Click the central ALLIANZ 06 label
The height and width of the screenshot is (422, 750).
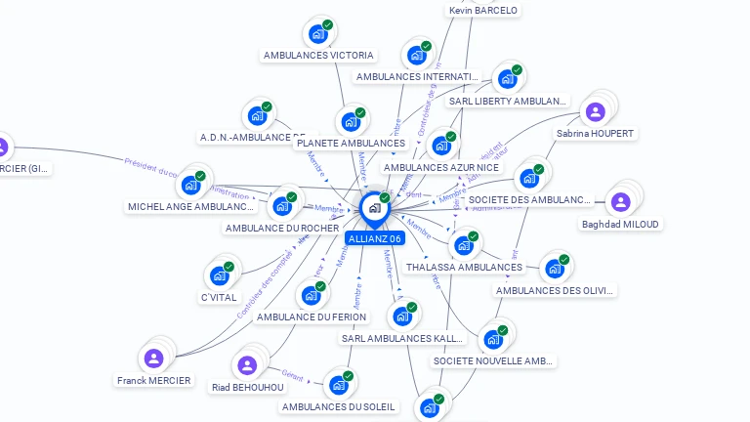click(x=374, y=238)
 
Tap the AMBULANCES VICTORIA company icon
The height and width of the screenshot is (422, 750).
click(x=317, y=33)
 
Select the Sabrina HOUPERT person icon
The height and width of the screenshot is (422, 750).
click(x=595, y=111)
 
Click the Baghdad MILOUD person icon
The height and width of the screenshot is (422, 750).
click(x=619, y=202)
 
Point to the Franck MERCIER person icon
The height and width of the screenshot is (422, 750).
click(x=153, y=358)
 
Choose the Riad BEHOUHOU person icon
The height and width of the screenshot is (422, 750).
click(x=247, y=365)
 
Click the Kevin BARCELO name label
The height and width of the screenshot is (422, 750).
click(x=482, y=11)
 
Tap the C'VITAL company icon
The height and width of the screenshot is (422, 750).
click(x=219, y=275)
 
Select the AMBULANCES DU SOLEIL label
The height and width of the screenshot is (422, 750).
click(x=339, y=406)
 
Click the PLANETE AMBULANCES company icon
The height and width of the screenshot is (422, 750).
click(x=350, y=122)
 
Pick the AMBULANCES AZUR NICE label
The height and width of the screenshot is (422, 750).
click(x=440, y=168)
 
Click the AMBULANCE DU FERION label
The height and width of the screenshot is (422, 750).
click(x=312, y=316)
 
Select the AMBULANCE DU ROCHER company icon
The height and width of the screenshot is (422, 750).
click(x=282, y=206)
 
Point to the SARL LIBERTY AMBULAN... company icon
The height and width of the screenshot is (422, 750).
click(x=506, y=79)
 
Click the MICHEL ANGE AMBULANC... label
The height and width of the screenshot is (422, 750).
click(x=191, y=207)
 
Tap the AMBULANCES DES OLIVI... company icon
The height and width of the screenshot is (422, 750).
click(x=554, y=269)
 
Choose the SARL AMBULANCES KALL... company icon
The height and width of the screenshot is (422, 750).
click(x=401, y=316)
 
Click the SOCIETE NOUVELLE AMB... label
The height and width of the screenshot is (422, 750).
click(x=493, y=361)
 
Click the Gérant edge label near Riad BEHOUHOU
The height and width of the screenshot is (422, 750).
click(x=292, y=374)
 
